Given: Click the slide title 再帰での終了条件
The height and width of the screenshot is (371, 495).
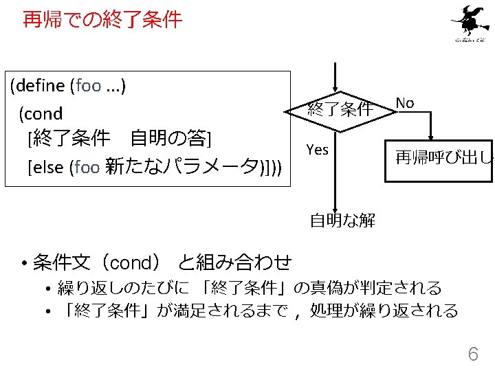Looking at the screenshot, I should [x=102, y=20].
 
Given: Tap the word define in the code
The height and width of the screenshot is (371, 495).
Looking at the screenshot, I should [x=38, y=86].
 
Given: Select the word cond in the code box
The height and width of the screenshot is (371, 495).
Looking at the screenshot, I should [x=44, y=113].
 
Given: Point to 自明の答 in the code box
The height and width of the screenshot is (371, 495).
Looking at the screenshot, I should [x=168, y=139].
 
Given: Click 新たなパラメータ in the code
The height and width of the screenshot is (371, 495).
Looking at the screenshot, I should [x=184, y=167].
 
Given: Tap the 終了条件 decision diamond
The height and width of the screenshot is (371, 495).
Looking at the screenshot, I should [x=340, y=108].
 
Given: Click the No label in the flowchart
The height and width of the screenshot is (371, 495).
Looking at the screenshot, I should [x=405, y=103].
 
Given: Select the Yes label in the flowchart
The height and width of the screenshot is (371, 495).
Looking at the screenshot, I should [x=317, y=149].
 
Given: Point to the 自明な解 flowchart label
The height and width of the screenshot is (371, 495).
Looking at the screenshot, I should [x=342, y=221].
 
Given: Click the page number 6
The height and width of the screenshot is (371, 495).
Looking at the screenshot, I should [x=472, y=354].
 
